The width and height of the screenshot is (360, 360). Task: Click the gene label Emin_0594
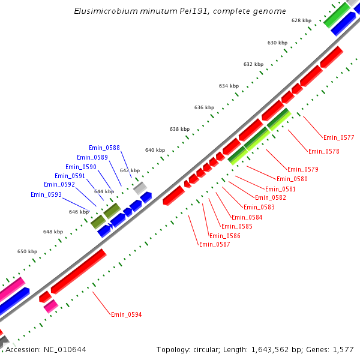(126, 314)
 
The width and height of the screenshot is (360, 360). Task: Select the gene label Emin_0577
(338, 137)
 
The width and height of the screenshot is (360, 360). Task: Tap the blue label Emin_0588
(104, 148)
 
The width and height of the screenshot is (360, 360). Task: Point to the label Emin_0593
(46, 194)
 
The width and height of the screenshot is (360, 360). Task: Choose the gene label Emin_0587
(215, 244)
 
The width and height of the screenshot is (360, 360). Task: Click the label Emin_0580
(292, 179)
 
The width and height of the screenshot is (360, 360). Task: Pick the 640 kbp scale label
(155, 150)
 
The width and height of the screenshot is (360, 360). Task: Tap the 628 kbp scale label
(301, 20)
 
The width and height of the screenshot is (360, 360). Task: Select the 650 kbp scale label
(27, 251)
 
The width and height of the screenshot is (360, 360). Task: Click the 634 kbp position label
(229, 86)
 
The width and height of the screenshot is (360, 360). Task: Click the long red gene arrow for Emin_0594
(79, 271)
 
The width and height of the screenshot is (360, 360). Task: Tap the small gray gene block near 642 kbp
(140, 188)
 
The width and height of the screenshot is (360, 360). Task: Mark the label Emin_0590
(81, 167)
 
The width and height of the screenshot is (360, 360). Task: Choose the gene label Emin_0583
(259, 207)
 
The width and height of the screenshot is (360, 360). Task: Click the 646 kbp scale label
(79, 212)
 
